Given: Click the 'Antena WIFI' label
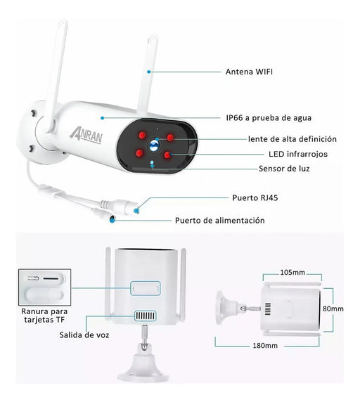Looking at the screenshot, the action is tap(249, 72).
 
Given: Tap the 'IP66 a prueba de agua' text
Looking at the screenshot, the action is tap(269, 118).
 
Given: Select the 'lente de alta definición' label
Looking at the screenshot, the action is tap(292, 139).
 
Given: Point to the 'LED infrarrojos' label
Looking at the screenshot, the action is tap(298, 154).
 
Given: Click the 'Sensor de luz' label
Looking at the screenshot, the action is tap(284, 169).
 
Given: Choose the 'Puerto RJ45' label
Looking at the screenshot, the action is tap(255, 198).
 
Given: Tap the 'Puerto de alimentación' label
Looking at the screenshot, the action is tap(220, 221).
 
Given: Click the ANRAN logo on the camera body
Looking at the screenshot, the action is tap(86, 136).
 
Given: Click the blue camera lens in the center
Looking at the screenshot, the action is tap(155, 145).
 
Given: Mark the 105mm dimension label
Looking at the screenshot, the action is tap(292, 272).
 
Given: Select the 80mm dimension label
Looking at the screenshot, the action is tap(333, 309).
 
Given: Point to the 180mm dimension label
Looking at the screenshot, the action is tap(265, 346).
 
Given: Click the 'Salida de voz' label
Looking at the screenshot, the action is tap(84, 335).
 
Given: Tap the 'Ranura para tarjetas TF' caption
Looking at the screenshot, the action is tap(44, 316).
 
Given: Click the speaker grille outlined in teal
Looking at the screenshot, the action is tap(145, 316).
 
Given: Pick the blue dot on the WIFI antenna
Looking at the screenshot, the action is tap(149, 72).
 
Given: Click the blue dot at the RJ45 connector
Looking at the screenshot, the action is tap(136, 211).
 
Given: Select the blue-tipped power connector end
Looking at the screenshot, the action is tap(112, 219).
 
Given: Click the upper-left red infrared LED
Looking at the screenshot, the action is tap(142, 135).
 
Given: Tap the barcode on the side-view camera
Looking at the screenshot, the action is tap(268, 309).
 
